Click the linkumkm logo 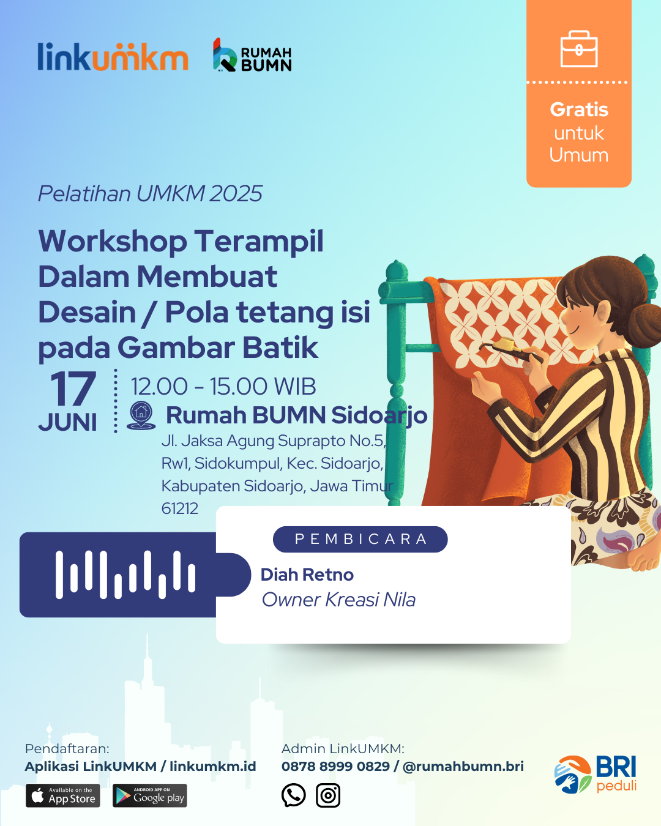[x=113, y=56]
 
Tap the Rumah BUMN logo [x=252, y=55]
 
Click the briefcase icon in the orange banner [x=579, y=49]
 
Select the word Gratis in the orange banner [x=579, y=110]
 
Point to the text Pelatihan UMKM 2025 [x=150, y=193]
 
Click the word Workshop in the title [x=113, y=242]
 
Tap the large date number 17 [x=73, y=389]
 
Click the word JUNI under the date [x=67, y=423]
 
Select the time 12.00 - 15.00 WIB [x=223, y=386]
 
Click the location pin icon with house [x=141, y=415]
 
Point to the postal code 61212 [x=180, y=508]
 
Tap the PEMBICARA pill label [x=360, y=539]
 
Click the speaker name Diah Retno [x=307, y=575]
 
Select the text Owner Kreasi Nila [x=338, y=600]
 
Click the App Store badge [x=63, y=795]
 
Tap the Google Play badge [x=150, y=795]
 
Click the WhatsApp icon [x=293, y=795]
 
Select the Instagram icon [x=328, y=795]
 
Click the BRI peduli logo [x=596, y=774]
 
